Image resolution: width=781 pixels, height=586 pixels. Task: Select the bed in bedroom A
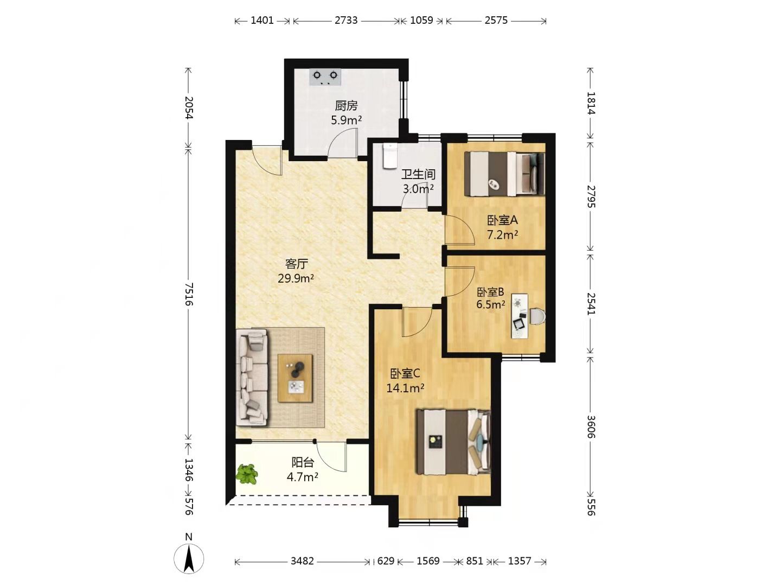504,174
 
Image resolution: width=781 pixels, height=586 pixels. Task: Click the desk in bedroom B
520,316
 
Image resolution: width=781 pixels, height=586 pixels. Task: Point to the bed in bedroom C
453,442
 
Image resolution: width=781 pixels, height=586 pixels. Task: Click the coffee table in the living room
296,378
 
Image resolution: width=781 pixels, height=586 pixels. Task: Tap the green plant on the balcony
247,474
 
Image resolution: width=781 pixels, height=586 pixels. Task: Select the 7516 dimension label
189,294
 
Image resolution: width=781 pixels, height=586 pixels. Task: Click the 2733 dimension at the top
346,20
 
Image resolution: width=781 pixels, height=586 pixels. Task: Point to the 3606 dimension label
591,426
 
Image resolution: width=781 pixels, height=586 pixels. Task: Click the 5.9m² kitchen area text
346,120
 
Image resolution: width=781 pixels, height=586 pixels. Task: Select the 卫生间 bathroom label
418,174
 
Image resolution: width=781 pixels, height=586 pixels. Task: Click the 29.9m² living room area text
296,278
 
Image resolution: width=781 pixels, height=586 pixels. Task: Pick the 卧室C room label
405,374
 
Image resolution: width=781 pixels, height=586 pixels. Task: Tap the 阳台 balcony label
303,462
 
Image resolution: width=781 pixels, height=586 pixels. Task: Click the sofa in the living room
252,378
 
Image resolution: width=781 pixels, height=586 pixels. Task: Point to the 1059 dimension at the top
421,20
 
